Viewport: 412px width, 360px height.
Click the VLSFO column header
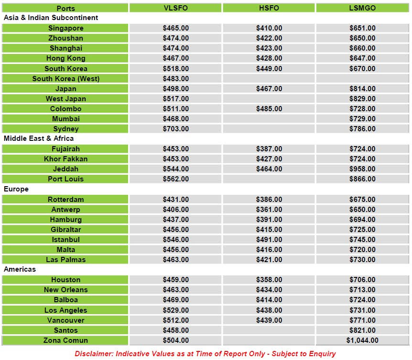175,8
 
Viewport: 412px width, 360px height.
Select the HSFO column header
269,8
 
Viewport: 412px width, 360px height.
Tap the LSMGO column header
362,8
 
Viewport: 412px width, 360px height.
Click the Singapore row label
65,28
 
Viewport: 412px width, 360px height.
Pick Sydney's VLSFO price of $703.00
175,129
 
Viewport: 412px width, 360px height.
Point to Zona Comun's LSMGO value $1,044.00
362,340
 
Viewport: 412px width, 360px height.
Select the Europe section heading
16,189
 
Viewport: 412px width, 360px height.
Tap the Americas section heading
20,269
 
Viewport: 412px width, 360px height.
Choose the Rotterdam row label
65,200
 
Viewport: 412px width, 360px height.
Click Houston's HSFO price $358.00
269,280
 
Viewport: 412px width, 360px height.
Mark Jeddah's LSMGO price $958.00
362,169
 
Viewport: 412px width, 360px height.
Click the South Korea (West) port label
65,79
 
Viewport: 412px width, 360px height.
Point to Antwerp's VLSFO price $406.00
175,210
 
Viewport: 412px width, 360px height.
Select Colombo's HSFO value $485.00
269,109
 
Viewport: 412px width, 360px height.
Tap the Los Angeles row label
65,310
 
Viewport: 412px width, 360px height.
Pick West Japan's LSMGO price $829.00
362,99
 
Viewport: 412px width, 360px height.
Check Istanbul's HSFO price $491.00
269,240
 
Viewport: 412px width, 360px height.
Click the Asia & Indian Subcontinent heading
51,18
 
